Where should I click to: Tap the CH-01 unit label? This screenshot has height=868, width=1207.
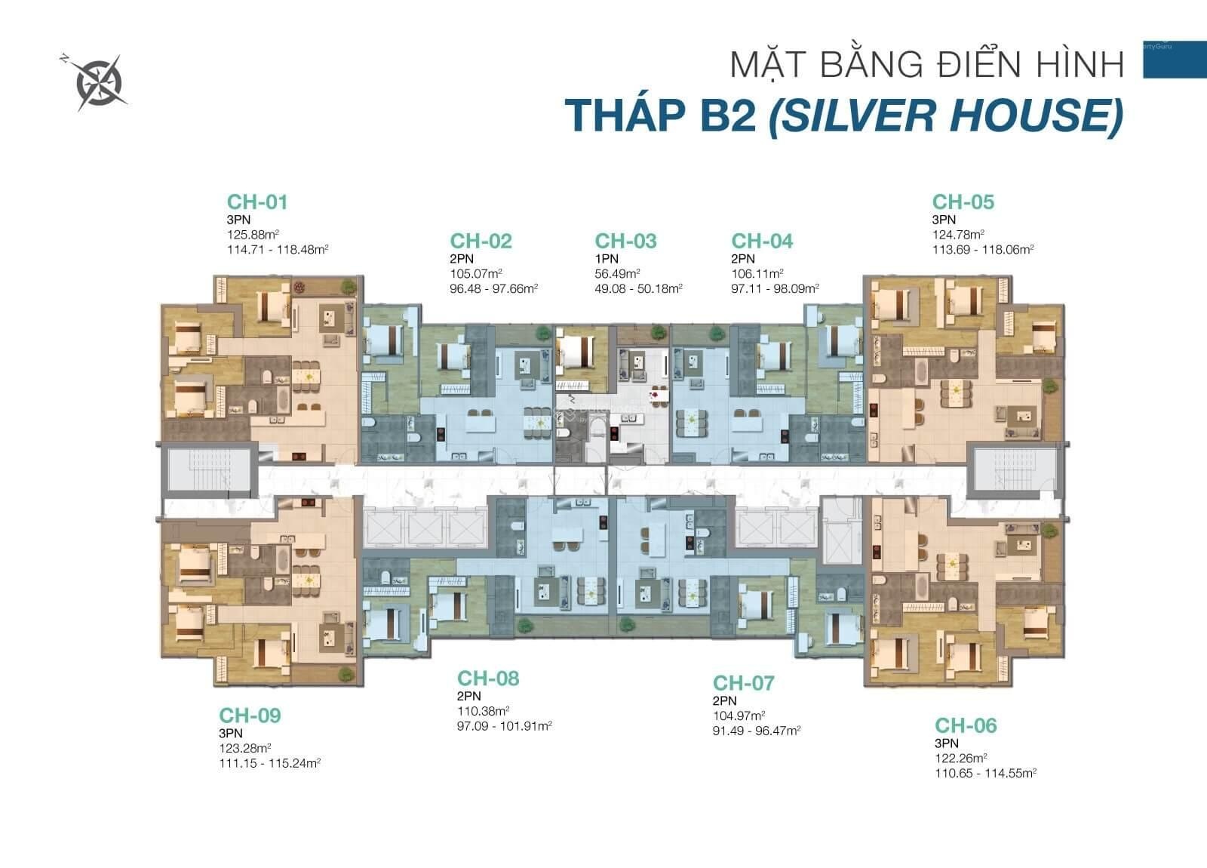click(257, 202)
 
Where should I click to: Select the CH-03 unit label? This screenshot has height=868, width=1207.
click(625, 241)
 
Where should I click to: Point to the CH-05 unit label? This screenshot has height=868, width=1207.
click(963, 202)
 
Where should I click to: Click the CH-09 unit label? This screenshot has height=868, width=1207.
click(250, 716)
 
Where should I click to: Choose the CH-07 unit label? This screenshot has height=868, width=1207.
click(744, 683)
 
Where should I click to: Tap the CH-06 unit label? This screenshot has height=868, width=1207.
click(966, 725)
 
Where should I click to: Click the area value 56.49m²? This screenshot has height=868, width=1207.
click(618, 273)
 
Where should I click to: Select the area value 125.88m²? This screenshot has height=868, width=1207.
click(253, 235)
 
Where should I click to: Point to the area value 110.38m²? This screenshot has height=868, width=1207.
click(484, 710)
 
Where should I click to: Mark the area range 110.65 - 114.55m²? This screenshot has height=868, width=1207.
click(986, 773)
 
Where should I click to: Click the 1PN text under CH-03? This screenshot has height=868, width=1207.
click(607, 259)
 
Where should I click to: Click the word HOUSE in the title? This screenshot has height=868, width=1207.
click(1029, 115)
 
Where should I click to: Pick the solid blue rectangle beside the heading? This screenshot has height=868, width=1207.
click(1175, 60)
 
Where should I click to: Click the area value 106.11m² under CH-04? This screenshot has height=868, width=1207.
click(757, 273)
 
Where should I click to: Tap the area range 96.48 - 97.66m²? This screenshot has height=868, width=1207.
click(494, 288)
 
